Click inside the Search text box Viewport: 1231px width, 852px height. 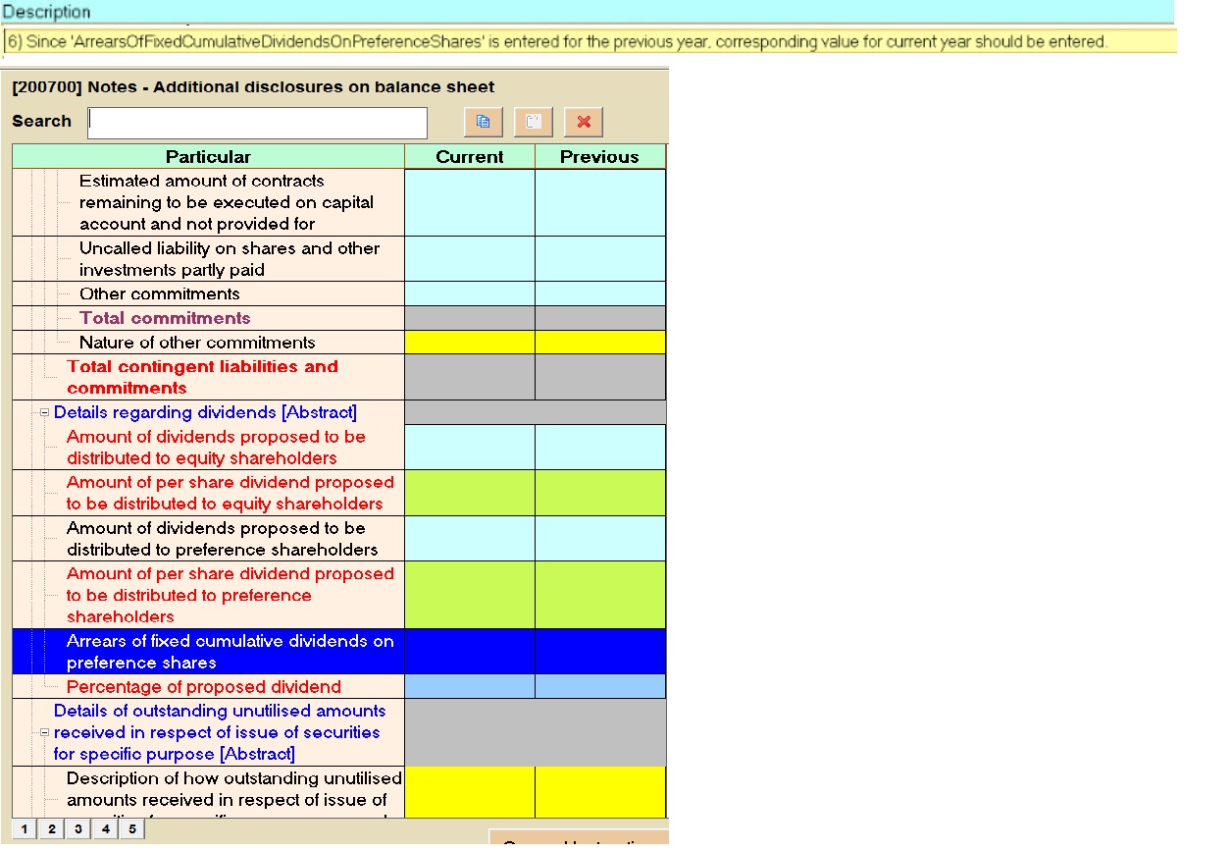coord(257,123)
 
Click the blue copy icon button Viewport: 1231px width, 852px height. coord(483,122)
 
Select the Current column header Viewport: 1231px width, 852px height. coord(469,157)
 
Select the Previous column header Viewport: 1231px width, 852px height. coord(599,157)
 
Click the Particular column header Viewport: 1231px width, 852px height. coord(208,157)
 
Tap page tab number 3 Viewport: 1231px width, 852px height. coord(77,829)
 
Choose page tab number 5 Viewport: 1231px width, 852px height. coord(130,829)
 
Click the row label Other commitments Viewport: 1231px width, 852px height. coord(159,293)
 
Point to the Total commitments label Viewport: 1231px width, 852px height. coord(165,318)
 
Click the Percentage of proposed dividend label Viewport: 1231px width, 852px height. coord(204,686)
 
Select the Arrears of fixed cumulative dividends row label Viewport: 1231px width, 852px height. coord(230,651)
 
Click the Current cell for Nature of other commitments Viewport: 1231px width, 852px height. coord(469,342)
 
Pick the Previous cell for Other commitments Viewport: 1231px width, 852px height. coord(599,293)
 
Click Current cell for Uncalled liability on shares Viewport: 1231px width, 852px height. coord(469,259)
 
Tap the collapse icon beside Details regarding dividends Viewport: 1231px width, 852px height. coord(45,412)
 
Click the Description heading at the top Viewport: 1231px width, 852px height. coord(46,12)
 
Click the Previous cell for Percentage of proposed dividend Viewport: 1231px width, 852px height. coord(599,686)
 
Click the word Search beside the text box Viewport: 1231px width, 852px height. coord(41,121)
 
